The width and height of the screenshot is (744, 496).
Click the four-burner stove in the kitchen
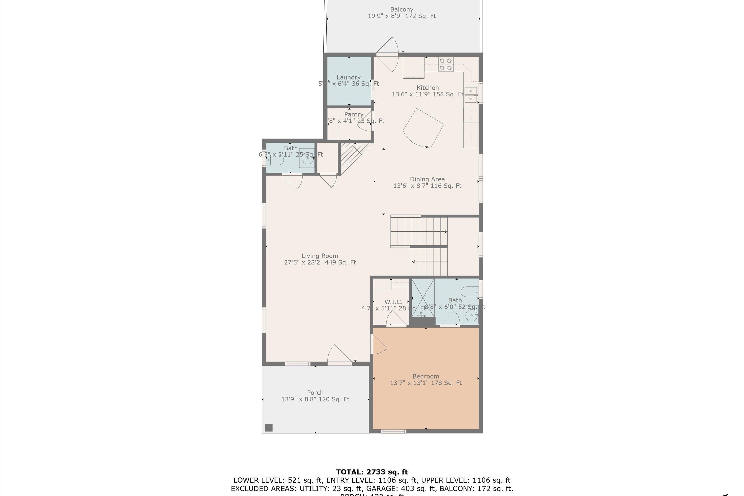coord(445,64)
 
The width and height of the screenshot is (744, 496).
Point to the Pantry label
coord(353,114)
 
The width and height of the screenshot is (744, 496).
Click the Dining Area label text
coord(427,179)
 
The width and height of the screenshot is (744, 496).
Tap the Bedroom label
coord(426,376)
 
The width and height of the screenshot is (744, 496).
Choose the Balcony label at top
coord(402,9)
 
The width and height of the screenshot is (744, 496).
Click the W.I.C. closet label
coord(393,302)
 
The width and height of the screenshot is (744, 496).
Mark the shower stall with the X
coord(423,297)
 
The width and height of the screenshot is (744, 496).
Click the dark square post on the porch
coord(269,428)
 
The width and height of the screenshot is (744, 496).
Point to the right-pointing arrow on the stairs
coord(446,231)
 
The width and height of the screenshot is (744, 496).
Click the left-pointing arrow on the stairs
coord(413,262)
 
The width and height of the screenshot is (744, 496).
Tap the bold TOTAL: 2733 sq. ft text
coord(372,472)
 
